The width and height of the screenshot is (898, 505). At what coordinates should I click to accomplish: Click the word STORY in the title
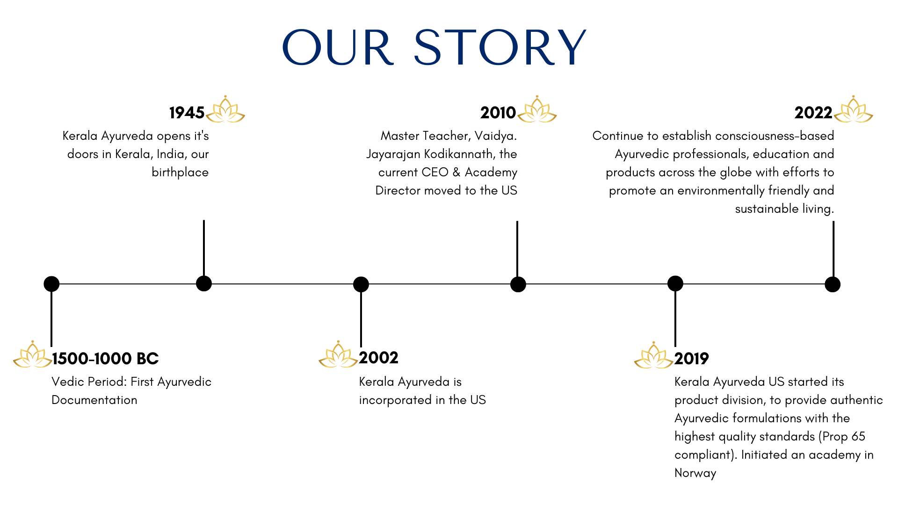(x=500, y=47)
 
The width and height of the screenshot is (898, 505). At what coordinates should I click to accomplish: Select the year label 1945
(x=187, y=113)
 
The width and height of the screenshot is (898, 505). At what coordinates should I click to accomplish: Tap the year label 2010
(x=498, y=113)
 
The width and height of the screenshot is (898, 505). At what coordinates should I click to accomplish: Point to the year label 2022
(x=813, y=113)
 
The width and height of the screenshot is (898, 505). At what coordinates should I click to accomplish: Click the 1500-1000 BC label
(x=105, y=359)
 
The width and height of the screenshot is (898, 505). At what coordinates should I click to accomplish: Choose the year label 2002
(x=379, y=358)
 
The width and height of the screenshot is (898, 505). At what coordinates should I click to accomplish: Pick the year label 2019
(x=692, y=359)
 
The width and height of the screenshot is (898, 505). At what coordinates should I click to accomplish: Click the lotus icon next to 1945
(x=225, y=109)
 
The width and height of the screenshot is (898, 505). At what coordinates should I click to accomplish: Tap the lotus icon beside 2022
(x=854, y=109)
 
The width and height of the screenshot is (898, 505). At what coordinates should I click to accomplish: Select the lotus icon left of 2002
(x=338, y=354)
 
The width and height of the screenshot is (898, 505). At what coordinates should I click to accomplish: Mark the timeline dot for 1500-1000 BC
(x=51, y=284)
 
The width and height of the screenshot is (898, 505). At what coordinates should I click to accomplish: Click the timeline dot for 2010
(x=518, y=284)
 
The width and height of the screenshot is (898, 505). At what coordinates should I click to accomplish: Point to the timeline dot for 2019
(x=675, y=283)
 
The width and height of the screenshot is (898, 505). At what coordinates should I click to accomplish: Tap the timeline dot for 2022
(x=833, y=284)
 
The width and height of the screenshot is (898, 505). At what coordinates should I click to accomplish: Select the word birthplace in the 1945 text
(x=180, y=173)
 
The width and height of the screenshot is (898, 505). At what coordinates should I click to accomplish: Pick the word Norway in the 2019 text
(x=695, y=473)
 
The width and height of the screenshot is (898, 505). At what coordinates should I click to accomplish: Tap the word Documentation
(x=94, y=400)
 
